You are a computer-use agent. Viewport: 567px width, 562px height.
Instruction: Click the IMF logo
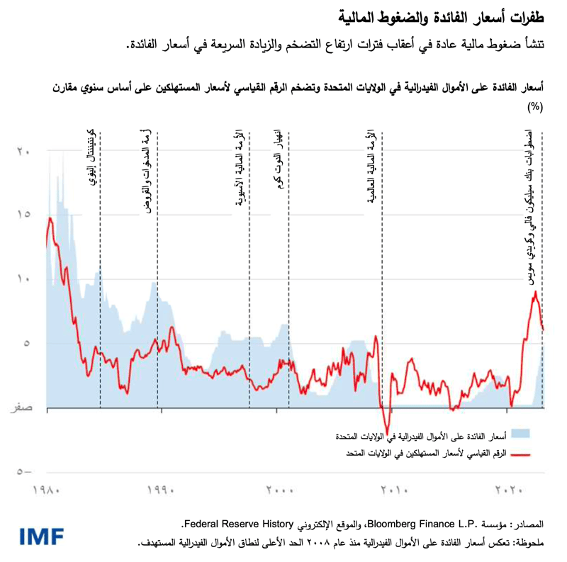tap(44, 536)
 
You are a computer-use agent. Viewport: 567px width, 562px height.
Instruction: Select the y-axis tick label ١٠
tap(23, 279)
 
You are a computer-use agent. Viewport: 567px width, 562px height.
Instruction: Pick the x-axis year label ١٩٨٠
tap(47, 489)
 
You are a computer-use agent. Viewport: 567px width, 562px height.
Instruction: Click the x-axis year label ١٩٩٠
tap(161, 489)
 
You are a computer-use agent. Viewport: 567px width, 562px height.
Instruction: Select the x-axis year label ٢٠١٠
tap(394, 489)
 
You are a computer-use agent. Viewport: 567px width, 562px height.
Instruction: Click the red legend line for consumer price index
tap(521, 454)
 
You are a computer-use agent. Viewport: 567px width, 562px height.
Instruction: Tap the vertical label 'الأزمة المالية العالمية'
tap(371, 167)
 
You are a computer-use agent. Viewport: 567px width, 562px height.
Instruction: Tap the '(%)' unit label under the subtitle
tap(534, 107)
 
